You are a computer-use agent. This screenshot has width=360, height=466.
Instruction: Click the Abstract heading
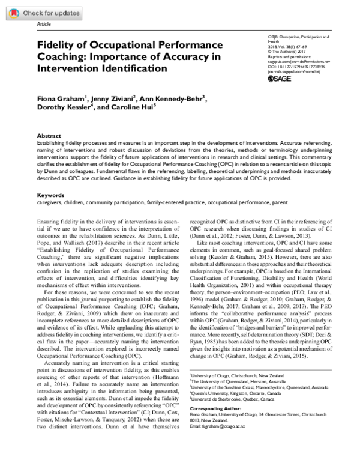(x=49, y=136)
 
